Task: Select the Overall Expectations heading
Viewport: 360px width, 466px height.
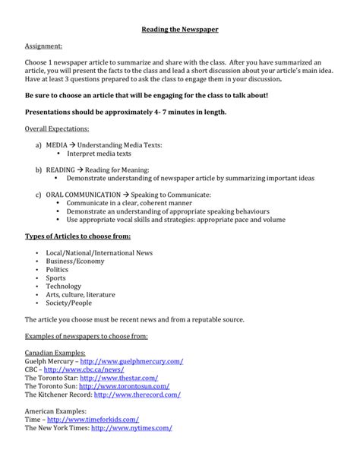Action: (57, 128)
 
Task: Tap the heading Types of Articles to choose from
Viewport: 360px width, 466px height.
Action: (77, 236)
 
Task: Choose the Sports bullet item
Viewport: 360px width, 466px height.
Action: (56, 279)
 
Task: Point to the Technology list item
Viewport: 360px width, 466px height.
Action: (63, 288)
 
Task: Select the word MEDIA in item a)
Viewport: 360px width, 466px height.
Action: (56, 144)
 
